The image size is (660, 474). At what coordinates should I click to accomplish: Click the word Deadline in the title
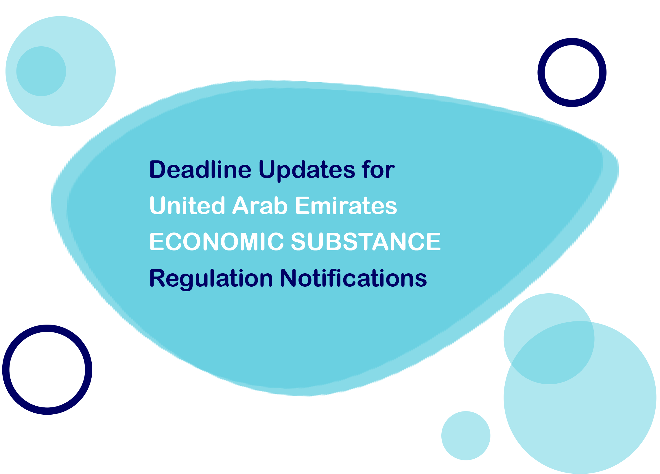point(200,170)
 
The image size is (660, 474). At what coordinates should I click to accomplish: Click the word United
point(187,206)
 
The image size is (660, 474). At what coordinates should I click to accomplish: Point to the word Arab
point(260,206)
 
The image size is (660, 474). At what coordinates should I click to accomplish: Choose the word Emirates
point(346,206)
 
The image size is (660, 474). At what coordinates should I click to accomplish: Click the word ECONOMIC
point(216,242)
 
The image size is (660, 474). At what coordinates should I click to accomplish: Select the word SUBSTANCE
point(366,242)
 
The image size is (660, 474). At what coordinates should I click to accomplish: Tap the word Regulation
point(211,279)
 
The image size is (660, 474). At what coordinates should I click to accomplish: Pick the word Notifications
point(353,278)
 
